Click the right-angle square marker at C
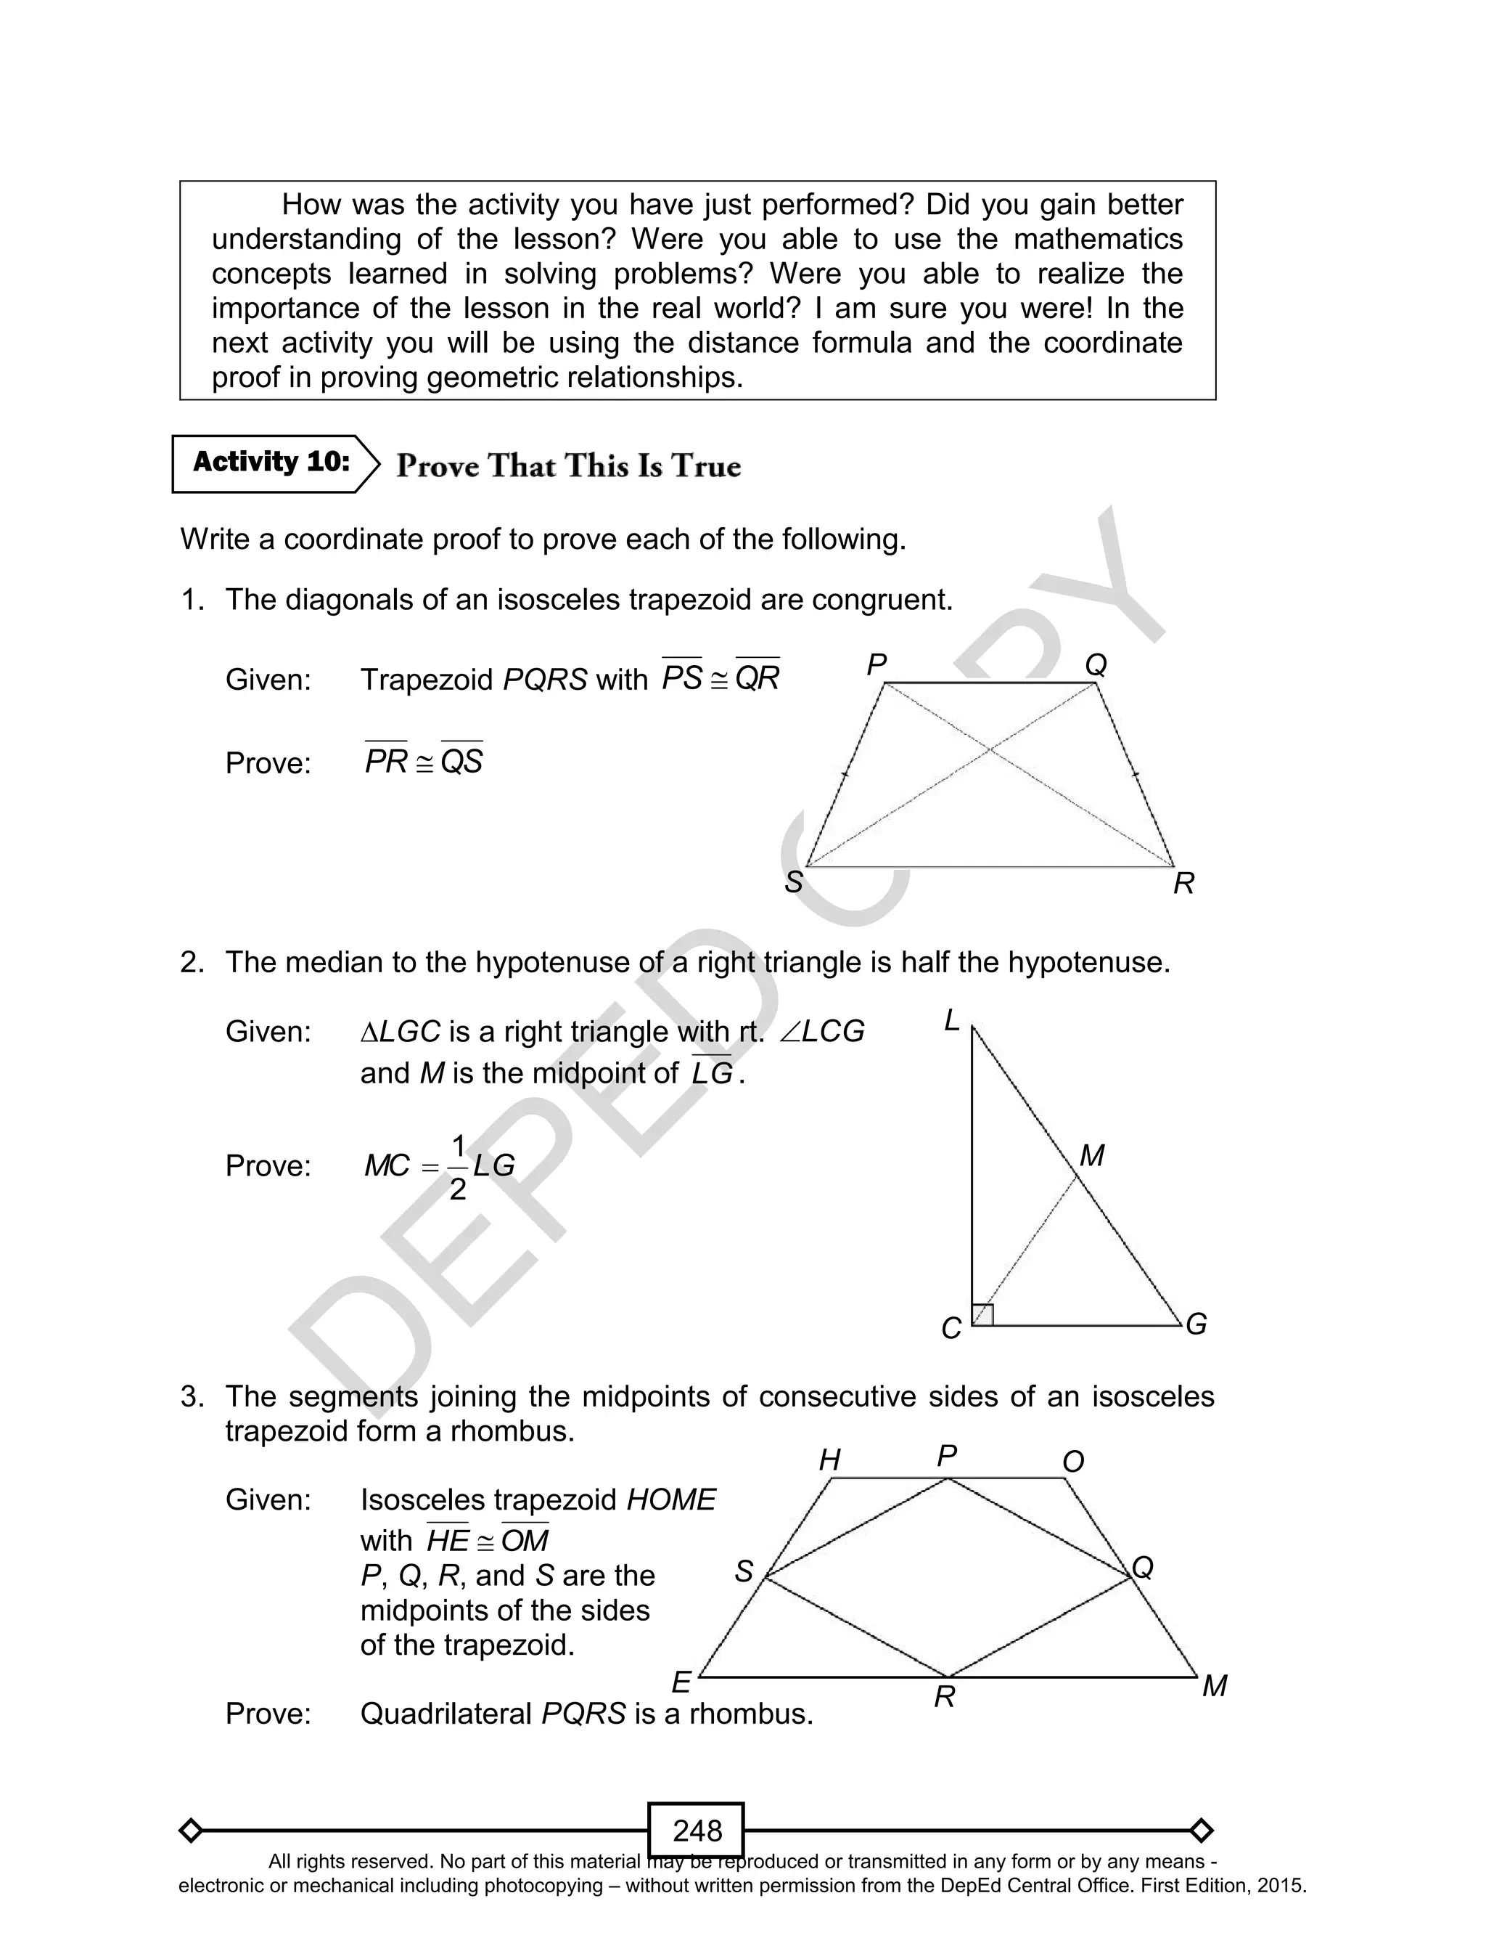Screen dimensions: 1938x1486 982,1315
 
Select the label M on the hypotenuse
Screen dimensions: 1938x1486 1093,1156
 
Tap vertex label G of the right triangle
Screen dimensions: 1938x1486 1196,1324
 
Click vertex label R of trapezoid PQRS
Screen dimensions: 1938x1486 1183,883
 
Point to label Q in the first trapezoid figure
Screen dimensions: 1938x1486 1096,664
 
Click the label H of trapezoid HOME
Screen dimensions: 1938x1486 829,1460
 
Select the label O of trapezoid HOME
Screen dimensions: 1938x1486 1073,1462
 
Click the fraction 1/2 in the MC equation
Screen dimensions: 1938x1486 457,1167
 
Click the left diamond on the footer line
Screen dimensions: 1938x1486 190,1830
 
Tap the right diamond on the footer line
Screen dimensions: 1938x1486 1201,1830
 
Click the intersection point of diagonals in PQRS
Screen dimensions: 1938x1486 990,749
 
